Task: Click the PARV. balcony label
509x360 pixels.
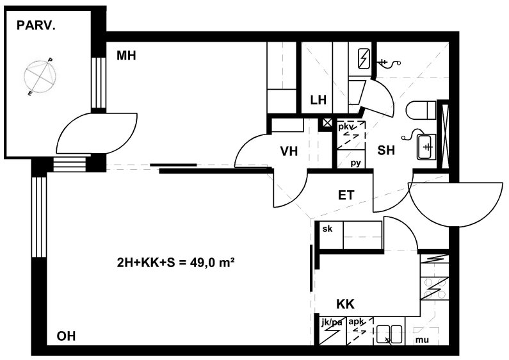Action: coord(36,26)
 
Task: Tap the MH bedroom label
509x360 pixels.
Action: coord(126,56)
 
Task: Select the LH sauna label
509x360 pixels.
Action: coord(318,100)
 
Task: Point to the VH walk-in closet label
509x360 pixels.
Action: coord(289,151)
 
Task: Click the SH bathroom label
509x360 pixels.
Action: coord(386,150)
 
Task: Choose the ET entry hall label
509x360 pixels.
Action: coord(346,195)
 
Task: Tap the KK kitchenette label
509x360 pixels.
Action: coord(345,304)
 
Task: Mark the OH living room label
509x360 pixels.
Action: coord(66,336)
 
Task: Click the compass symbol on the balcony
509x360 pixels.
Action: coord(40,77)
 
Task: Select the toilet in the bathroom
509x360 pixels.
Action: coord(421,110)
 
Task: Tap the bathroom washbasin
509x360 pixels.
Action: coord(426,147)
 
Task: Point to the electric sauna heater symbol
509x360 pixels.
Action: coord(365,58)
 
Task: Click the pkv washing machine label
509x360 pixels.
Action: coord(346,126)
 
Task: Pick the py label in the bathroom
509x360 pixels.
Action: coord(356,163)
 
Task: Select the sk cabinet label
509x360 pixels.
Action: coord(328,229)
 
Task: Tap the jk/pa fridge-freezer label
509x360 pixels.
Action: coord(332,323)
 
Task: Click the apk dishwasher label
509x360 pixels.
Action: coord(356,322)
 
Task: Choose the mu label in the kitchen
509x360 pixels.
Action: coord(422,340)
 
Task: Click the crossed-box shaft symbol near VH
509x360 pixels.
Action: coord(327,122)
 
